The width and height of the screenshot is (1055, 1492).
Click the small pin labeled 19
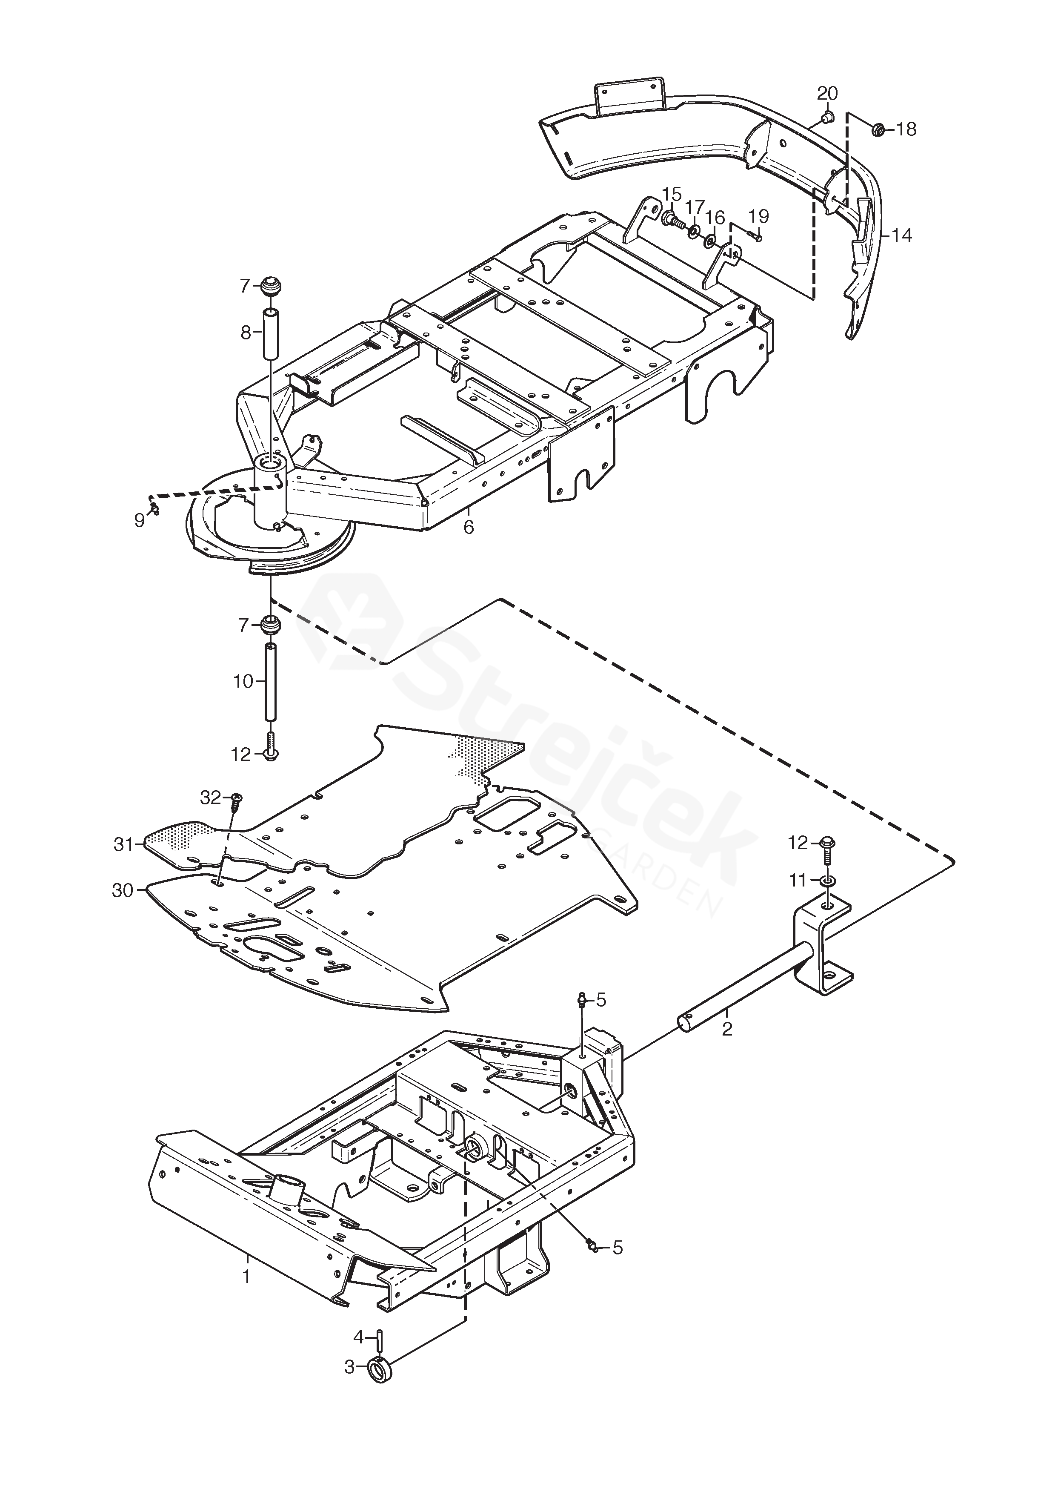tap(754, 236)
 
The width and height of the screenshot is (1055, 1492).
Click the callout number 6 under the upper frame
tap(469, 527)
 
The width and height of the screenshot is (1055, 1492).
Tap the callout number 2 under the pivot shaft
tap(727, 1029)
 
